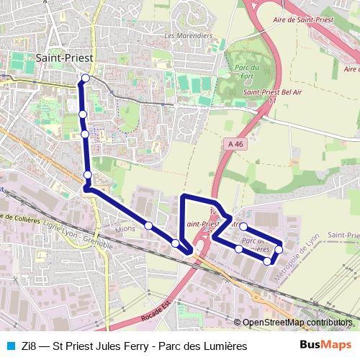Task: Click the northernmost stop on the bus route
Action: [x=86, y=78]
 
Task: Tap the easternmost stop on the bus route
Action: [x=279, y=249]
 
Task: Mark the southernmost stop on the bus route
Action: [x=267, y=261]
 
